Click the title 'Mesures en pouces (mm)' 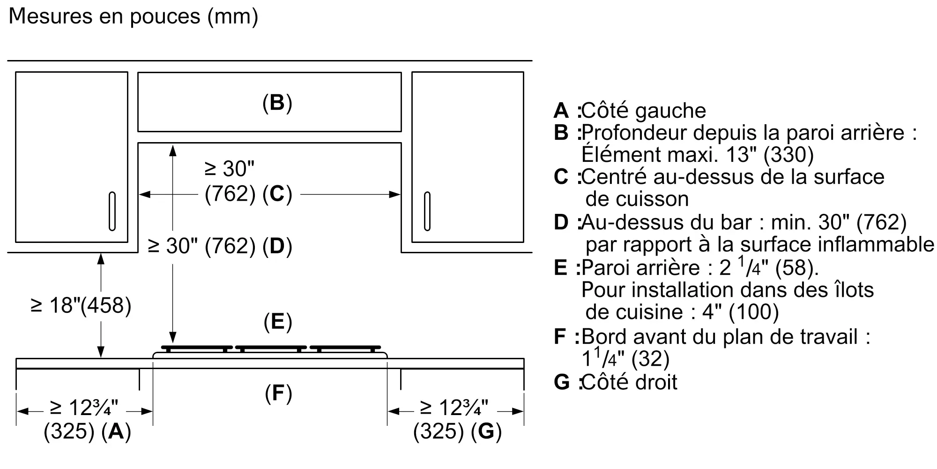134,17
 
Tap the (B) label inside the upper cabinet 277,103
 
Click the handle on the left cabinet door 112,211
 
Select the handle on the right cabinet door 427,211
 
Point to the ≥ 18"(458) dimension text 81,305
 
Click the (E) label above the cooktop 278,322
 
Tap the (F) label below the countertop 278,393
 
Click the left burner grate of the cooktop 197,349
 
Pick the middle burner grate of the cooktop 271,349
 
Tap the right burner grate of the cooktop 345,349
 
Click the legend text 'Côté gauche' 643,111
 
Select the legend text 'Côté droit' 629,382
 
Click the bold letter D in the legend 561,222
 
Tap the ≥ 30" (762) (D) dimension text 220,246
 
